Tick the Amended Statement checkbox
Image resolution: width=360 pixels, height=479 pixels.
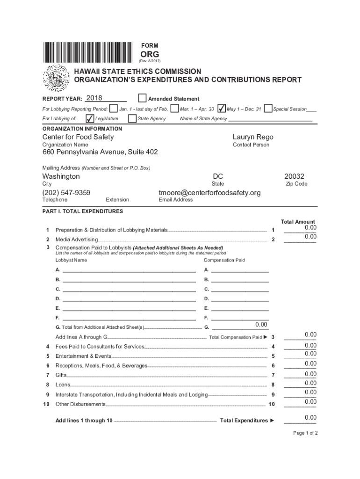tap(142, 98)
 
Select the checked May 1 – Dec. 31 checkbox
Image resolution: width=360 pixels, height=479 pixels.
tap(222, 109)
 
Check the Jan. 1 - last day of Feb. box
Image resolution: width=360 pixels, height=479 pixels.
tap(113, 109)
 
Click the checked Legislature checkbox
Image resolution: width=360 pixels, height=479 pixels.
tap(90, 118)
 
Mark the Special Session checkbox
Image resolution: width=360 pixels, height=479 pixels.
tap(268, 109)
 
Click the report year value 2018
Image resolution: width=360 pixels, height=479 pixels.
tap(94, 98)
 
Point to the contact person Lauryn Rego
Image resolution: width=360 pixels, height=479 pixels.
tap(253, 137)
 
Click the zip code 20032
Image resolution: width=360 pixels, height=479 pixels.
tap(294, 176)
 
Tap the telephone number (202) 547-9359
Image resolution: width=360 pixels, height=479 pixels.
tap(66, 193)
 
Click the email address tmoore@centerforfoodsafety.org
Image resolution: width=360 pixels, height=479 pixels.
tap(209, 193)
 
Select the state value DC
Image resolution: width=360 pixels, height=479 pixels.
tap(217, 176)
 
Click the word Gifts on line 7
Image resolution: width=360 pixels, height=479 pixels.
tap(61, 375)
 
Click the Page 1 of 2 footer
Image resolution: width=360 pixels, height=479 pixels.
tap(305, 433)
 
